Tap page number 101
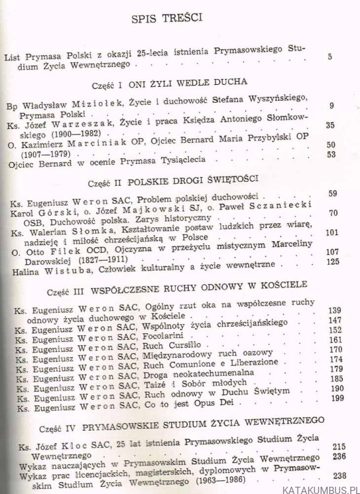click(x=331, y=232)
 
